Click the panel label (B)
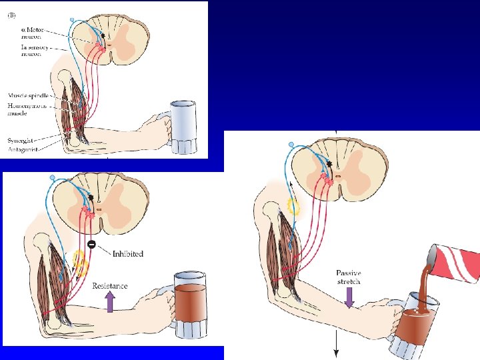tap(12, 15)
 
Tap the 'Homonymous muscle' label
tap(27, 109)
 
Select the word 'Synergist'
tap(22, 139)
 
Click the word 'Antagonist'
tap(23, 149)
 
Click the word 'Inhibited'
tap(127, 254)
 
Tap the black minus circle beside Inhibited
tap(91, 243)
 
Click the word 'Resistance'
tap(109, 286)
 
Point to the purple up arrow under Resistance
tap(110, 302)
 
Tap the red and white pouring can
tap(455, 263)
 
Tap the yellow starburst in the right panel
tap(293, 207)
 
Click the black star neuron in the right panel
tap(329, 163)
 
